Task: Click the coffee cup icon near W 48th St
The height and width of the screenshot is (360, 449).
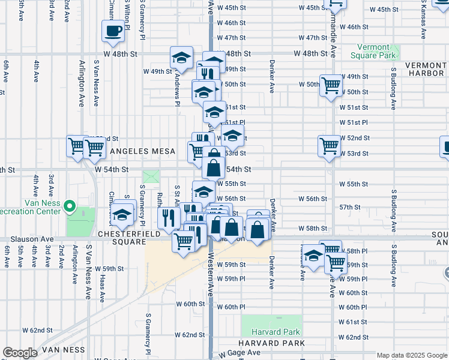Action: click(113, 31)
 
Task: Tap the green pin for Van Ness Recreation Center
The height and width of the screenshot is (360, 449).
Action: click(70, 208)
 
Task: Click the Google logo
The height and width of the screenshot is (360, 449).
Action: click(20, 353)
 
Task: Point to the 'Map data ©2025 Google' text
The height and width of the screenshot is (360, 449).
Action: click(411, 355)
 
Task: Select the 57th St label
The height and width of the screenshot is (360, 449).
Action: click(349, 207)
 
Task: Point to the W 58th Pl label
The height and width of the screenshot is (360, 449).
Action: click(357, 251)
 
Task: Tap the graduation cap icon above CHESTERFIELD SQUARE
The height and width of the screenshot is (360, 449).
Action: click(122, 214)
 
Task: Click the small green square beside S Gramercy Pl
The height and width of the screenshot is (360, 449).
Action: click(152, 178)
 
